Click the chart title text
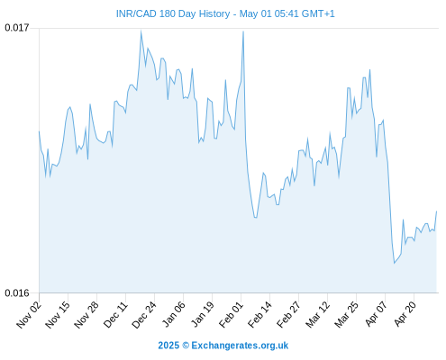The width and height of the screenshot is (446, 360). click(x=225, y=13)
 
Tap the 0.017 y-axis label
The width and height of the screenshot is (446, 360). click(x=17, y=28)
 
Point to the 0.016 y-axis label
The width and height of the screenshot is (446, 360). click(x=17, y=292)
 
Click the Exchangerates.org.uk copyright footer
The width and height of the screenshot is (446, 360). click(x=223, y=346)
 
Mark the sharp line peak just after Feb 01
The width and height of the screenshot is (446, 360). click(x=243, y=31)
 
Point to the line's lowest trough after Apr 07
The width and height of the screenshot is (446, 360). click(x=395, y=263)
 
